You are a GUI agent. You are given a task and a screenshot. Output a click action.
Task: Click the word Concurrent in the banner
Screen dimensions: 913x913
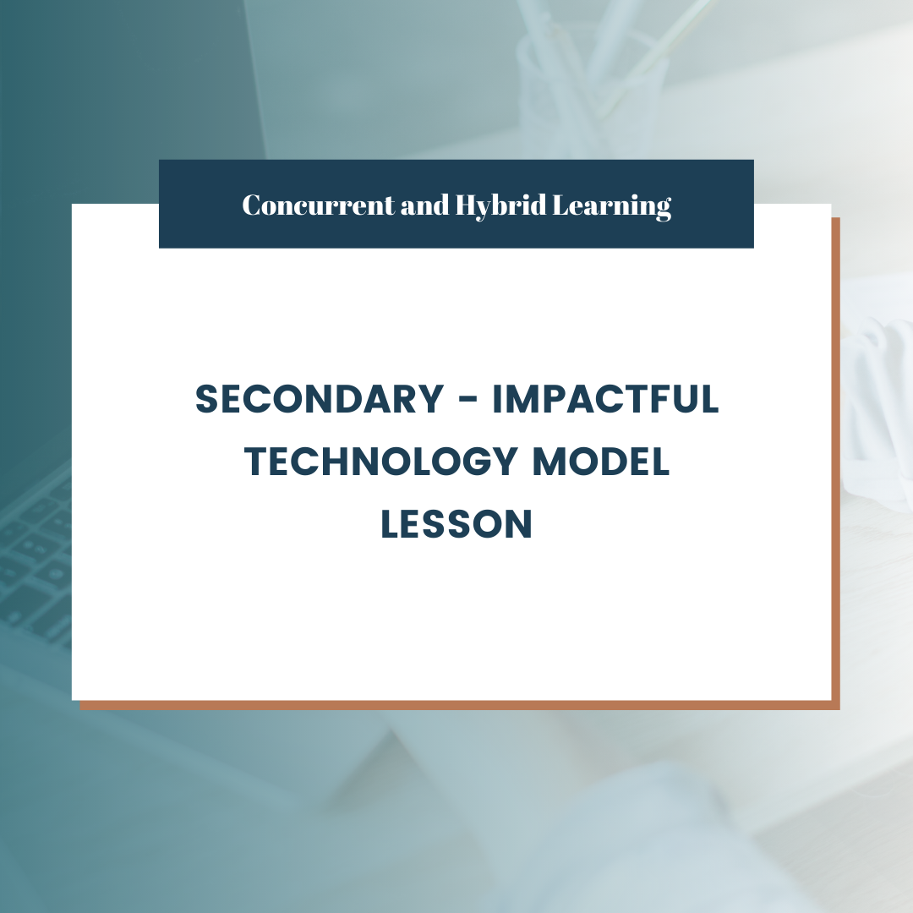point(318,205)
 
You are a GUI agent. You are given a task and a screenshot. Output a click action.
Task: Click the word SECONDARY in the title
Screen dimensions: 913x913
point(320,399)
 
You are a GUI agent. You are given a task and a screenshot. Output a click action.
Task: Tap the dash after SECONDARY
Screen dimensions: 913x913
point(468,401)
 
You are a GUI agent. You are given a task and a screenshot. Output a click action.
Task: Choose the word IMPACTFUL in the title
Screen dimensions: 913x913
point(605,399)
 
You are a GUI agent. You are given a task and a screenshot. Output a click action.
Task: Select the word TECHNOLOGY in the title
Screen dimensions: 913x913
point(380,462)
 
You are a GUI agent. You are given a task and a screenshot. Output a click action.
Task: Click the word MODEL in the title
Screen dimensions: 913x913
point(601,462)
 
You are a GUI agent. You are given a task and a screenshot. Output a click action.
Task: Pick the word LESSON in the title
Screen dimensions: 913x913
point(456,524)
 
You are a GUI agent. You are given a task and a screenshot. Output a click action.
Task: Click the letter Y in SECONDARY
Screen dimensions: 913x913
point(430,399)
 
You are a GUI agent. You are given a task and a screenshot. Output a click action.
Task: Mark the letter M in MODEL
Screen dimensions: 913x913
point(550,462)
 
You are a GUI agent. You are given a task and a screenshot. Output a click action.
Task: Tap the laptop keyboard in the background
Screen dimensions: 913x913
point(35,559)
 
